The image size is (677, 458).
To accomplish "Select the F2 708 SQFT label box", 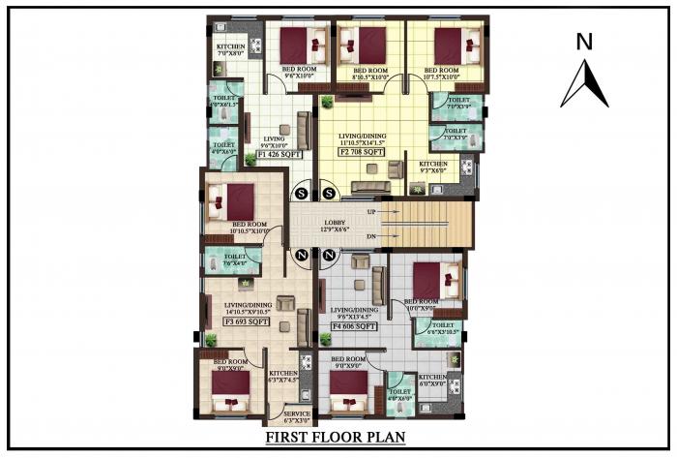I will tap(362, 152).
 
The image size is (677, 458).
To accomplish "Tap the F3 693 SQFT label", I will tap(246, 321).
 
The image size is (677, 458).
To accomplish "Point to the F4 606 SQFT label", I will tap(354, 327).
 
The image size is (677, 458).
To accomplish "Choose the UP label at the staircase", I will tap(372, 210).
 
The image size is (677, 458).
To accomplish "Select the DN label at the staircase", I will tap(372, 237).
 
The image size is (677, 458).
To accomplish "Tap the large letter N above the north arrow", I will tap(583, 41).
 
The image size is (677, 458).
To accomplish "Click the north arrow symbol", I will tap(584, 84).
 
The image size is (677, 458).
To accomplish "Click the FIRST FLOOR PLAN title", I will tap(336, 439).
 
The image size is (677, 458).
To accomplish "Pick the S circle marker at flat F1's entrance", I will tap(301, 194).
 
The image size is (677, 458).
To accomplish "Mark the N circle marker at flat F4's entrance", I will tap(329, 256).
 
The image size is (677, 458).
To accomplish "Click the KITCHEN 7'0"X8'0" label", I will tap(230, 50).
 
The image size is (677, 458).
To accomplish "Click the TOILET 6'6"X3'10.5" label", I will tap(445, 329).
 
